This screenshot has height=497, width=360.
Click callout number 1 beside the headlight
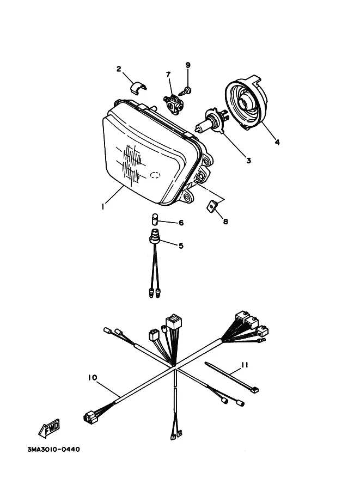coord(103,207)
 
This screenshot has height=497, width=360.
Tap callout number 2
coord(119,69)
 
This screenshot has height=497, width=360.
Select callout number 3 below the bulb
coord(249,161)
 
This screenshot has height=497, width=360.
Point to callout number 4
coord(277,142)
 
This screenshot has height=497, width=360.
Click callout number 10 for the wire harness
coord(92,378)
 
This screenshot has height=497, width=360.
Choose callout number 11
coord(245,365)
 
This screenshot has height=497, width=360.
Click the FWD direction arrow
coord(49,428)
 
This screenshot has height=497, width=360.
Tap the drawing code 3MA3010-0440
coord(54,449)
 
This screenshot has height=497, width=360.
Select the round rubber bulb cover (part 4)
coord(246,103)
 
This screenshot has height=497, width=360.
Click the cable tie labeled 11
coord(232,378)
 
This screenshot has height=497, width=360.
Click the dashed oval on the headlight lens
coord(155,175)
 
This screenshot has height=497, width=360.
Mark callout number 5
coord(181,246)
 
